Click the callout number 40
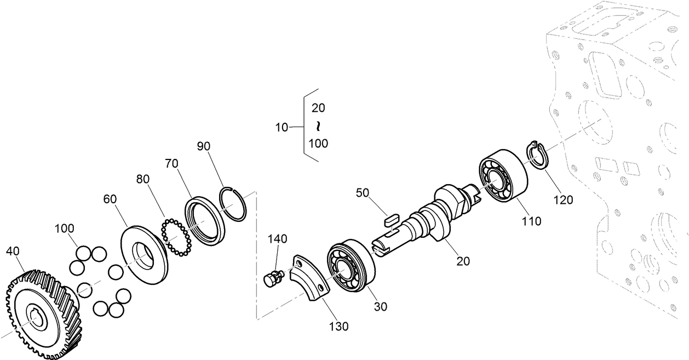(14, 251)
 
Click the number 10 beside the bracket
(282, 128)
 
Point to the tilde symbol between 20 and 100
(318, 127)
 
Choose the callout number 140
(277, 239)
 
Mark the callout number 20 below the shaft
(463, 261)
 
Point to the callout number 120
(562, 199)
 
